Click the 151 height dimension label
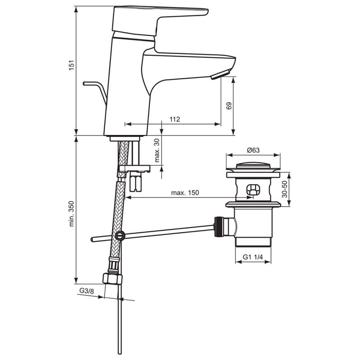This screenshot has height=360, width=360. click(x=72, y=65)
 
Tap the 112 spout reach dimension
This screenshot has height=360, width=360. click(x=175, y=119)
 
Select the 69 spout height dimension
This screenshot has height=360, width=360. click(x=229, y=106)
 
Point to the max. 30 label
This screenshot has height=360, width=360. click(x=157, y=151)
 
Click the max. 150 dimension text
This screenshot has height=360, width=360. click(x=185, y=193)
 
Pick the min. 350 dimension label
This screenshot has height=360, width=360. click(x=72, y=214)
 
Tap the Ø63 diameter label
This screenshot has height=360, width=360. click(x=253, y=150)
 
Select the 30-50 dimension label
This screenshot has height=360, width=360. click(x=284, y=189)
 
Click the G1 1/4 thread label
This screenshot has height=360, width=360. click(x=252, y=257)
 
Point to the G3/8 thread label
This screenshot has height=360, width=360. click(x=86, y=291)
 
